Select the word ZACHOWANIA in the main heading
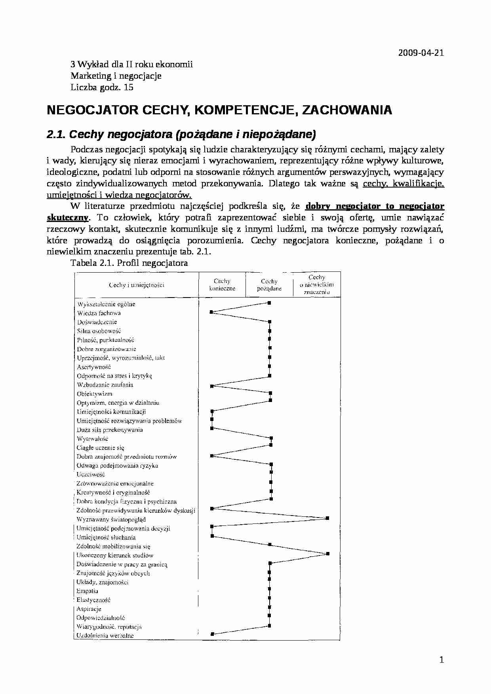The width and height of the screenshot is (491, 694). (x=347, y=110)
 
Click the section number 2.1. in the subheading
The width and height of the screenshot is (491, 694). (x=57, y=135)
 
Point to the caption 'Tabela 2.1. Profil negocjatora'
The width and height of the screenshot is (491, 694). (x=129, y=263)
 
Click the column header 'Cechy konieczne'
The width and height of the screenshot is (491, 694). (x=222, y=285)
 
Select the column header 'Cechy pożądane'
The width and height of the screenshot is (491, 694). (x=269, y=285)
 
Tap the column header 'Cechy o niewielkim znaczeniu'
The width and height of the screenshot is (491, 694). (x=317, y=285)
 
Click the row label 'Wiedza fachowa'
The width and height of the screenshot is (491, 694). (x=99, y=313)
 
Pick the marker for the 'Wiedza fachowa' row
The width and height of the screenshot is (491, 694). (x=211, y=312)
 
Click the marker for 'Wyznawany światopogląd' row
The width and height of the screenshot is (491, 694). (x=327, y=518)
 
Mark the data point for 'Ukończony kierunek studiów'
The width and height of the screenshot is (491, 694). (x=327, y=554)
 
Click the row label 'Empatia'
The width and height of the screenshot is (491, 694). (x=87, y=591)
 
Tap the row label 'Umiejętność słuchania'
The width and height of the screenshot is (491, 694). (x=106, y=537)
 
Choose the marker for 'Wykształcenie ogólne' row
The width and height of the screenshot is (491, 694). (x=269, y=303)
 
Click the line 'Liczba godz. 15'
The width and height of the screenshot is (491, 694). (x=102, y=87)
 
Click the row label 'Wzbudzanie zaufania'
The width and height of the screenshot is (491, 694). (x=105, y=385)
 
